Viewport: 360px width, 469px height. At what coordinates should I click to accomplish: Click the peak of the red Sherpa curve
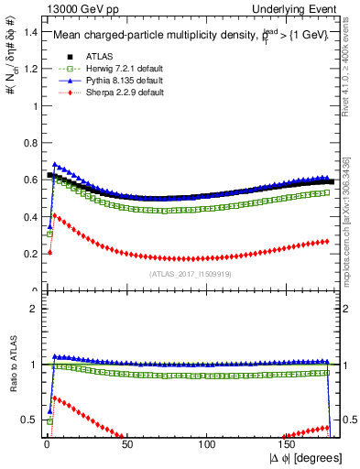tap(53, 215)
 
